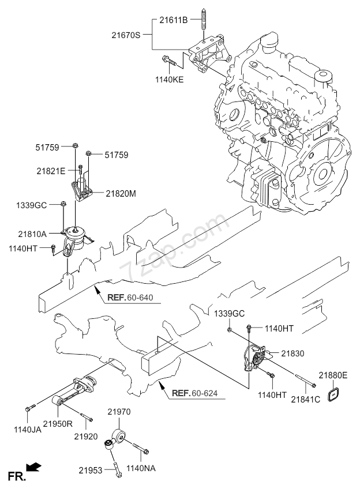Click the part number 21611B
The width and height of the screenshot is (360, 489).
[174, 20]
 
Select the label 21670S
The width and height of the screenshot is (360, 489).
[126, 35]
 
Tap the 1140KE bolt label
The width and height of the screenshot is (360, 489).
[170, 80]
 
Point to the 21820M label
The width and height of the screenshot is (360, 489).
[121, 194]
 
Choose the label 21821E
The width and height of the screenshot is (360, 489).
[51, 171]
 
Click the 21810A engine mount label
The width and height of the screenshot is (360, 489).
[32, 234]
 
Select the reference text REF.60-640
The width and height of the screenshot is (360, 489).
[130, 298]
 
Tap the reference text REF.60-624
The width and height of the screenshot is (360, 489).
[194, 393]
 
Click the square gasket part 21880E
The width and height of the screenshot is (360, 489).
[333, 395]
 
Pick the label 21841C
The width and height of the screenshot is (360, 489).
[305, 400]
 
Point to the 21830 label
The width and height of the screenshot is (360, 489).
[292, 353]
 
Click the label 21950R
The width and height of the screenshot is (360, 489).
[58, 423]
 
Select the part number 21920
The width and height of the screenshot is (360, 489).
[86, 437]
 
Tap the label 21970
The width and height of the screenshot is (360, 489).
[119, 412]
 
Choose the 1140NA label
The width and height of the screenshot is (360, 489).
[141, 468]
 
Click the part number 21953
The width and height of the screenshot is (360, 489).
[90, 470]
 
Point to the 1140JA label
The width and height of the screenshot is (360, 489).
[28, 430]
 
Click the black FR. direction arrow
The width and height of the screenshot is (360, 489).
[33, 467]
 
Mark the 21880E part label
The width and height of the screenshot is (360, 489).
[333, 375]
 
